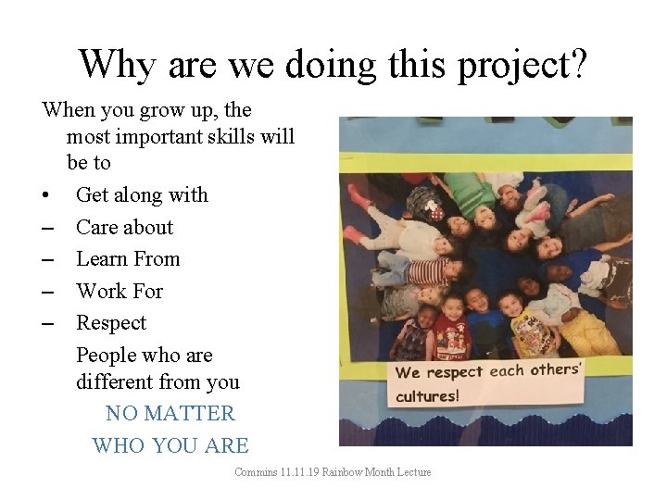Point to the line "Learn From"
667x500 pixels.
point(128,259)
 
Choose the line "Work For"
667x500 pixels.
point(120,291)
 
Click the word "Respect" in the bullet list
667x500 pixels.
point(111,323)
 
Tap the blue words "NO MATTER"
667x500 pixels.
point(170,413)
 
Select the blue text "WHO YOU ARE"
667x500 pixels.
point(170,445)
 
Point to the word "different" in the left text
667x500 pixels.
point(117,381)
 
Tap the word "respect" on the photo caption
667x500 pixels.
point(456,372)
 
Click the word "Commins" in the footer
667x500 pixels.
point(253,472)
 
